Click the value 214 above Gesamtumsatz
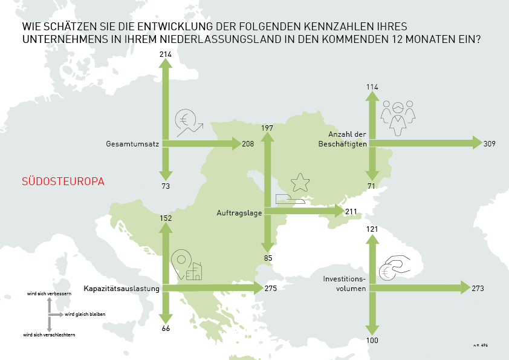click(x=166, y=54)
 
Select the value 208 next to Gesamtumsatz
click(x=248, y=144)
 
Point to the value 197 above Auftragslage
click(x=268, y=128)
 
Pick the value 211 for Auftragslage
click(x=351, y=212)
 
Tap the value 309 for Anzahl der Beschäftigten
click(x=491, y=143)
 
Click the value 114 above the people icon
click(x=372, y=87)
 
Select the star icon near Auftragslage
click(x=299, y=182)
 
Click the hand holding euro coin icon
click(x=394, y=267)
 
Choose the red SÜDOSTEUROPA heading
click(x=63, y=182)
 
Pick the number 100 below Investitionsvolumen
click(x=372, y=341)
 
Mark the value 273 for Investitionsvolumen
click(x=478, y=289)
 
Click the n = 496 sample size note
click(x=481, y=344)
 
